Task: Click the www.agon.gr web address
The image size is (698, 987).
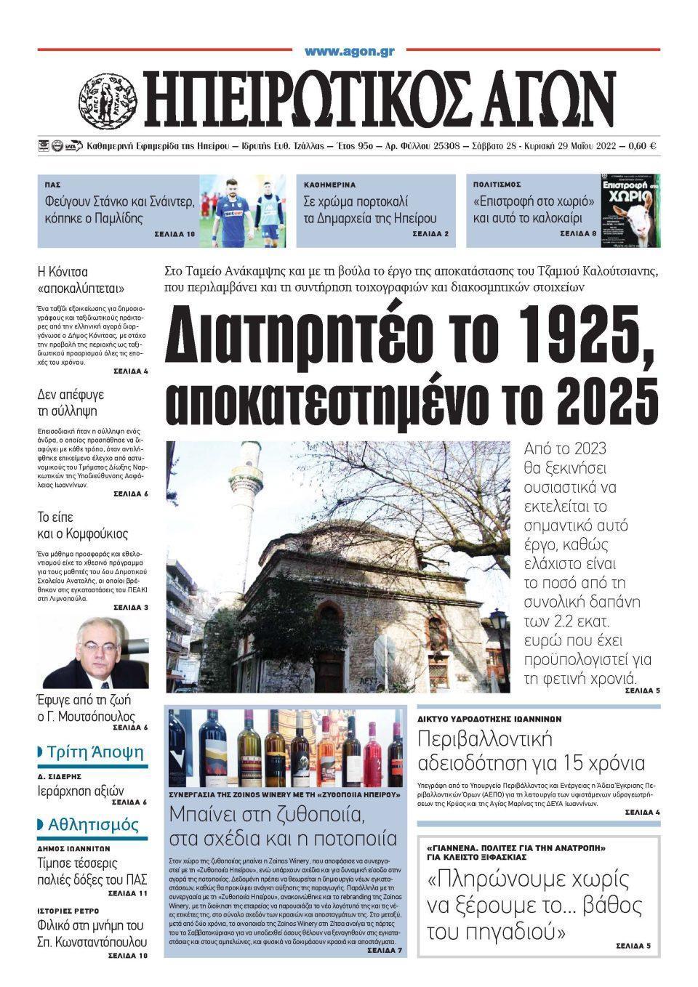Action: (349, 51)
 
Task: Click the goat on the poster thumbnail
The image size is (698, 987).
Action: (640, 217)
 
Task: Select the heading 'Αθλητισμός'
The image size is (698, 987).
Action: (92, 825)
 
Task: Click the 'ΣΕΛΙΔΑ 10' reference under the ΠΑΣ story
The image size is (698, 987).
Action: (174, 235)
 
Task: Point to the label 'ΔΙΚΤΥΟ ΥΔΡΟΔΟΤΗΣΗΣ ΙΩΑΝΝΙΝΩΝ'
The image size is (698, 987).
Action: (489, 719)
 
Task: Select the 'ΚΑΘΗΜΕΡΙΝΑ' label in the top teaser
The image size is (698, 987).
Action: (329, 185)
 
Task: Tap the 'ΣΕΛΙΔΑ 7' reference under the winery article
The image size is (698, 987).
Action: (385, 950)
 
